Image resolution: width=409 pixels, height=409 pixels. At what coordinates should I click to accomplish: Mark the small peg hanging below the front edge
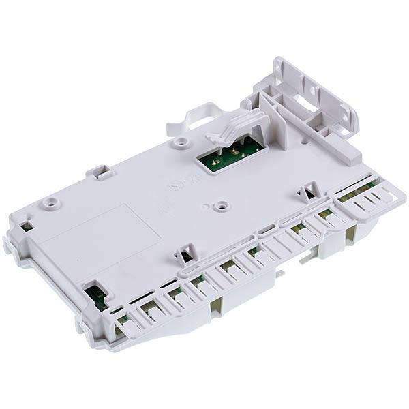(x=280, y=274)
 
